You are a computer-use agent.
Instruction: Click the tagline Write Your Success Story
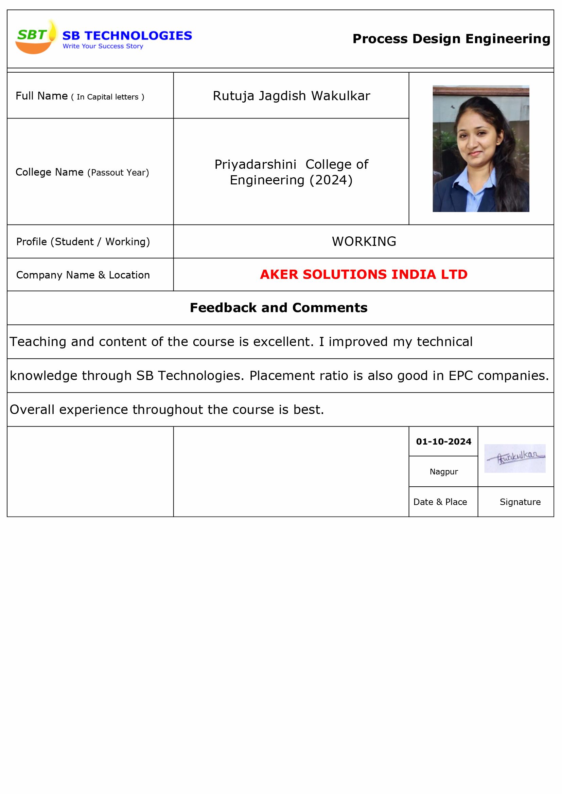point(103,46)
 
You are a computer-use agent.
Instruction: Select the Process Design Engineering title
point(451,39)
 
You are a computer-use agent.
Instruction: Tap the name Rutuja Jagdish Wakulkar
point(292,96)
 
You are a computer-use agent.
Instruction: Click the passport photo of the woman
point(481,149)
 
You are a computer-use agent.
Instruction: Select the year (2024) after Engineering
point(331,180)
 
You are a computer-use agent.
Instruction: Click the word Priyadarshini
point(256,165)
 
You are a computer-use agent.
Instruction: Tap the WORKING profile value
point(364,242)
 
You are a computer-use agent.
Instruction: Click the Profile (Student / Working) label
point(83,242)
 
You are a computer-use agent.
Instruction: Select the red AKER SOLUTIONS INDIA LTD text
point(364,275)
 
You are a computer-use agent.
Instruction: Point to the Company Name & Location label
point(83,275)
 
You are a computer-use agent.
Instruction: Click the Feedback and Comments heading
point(279,308)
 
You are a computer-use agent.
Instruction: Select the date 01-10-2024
point(443,441)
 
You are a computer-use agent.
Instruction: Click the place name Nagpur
point(444,472)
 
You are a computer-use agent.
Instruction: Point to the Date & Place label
point(440,502)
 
